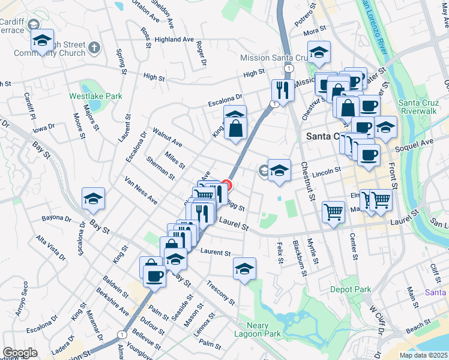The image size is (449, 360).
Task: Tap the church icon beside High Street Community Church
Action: pyautogui.click(x=94, y=47)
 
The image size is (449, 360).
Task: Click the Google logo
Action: pyautogui.click(x=20, y=352)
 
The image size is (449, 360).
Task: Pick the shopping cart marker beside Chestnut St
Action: pyautogui.click(x=333, y=211)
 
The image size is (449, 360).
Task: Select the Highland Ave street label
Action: pyautogui.click(x=174, y=40)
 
